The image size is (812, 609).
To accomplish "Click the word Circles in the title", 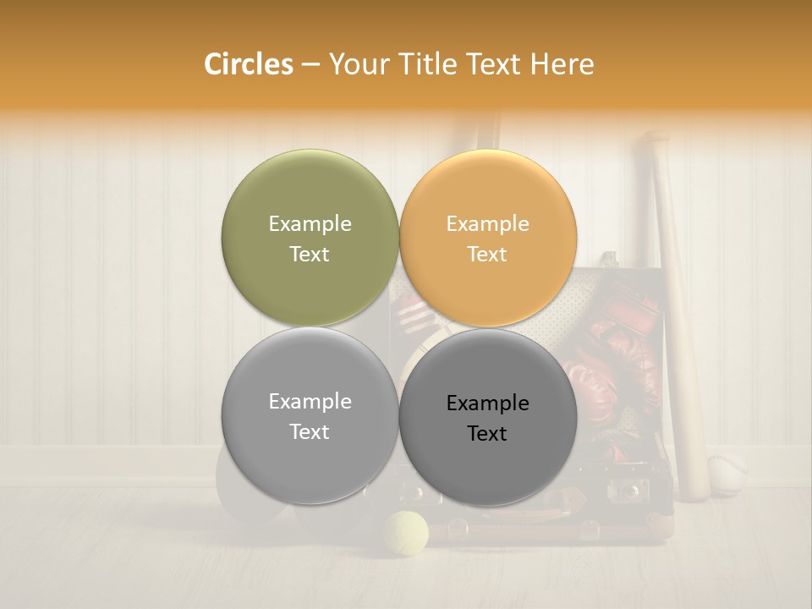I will point(248,64).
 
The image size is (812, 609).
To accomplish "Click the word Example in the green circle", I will point(310,223).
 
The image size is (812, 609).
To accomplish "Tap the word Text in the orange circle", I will point(487,254).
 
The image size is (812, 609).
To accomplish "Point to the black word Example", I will point(488,403).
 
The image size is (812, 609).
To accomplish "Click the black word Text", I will point(487,434).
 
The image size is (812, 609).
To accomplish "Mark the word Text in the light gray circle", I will point(310,431).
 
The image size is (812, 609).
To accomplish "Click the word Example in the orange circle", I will point(488,223).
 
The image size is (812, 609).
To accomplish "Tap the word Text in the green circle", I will point(310,254).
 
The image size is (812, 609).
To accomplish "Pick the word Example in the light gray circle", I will point(310,401).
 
